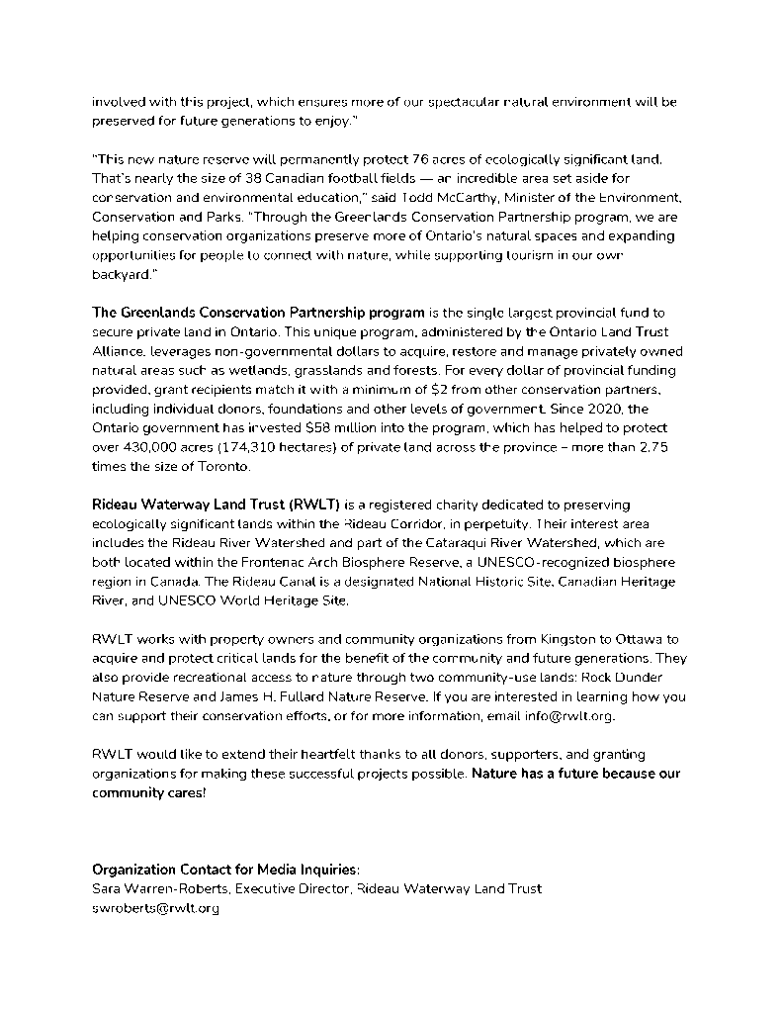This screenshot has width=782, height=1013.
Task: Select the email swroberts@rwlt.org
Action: click(155, 908)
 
